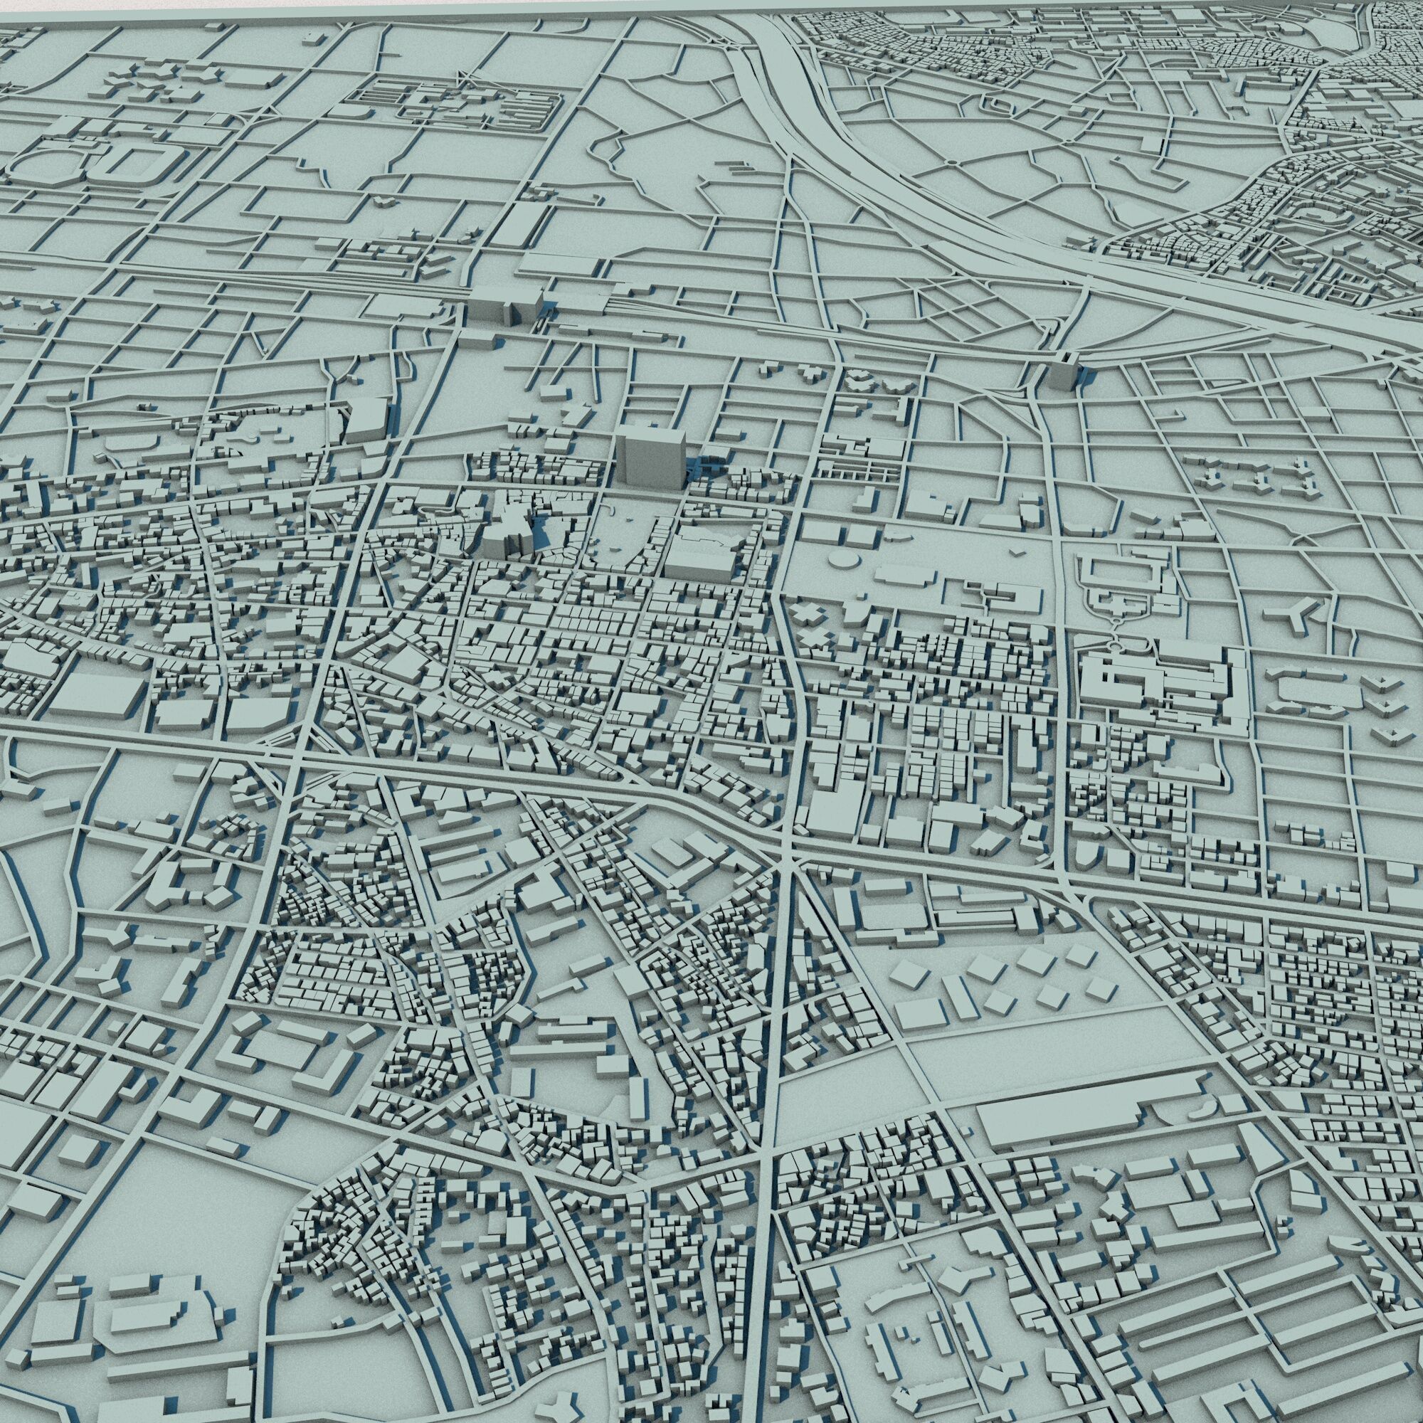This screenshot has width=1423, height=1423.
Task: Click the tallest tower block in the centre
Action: pos(650,457)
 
